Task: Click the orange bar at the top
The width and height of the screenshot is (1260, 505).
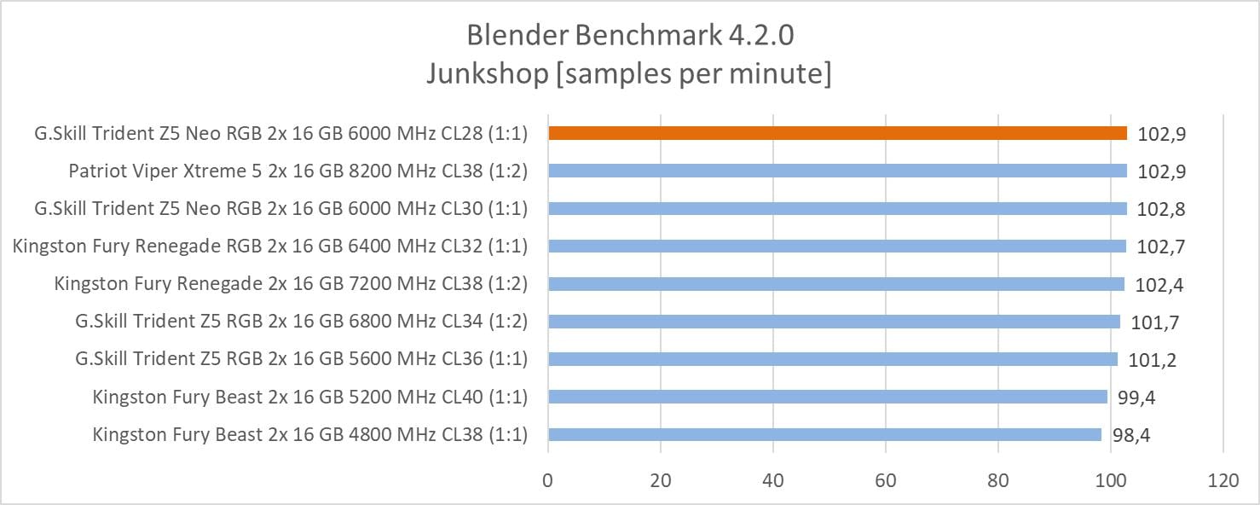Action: [x=837, y=133]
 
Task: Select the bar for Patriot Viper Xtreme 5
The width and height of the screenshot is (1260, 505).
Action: [x=837, y=171]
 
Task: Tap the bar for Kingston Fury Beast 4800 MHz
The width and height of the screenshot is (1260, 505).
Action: [x=824, y=434]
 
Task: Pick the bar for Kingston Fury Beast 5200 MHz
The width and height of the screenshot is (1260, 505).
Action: [x=827, y=397]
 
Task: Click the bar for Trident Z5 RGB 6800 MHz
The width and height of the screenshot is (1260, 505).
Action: [x=834, y=322]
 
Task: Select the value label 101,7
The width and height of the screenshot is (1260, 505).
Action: [x=1153, y=322]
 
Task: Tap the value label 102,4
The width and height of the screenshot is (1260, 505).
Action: [x=1159, y=285]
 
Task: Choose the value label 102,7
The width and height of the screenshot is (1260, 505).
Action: [x=1161, y=247]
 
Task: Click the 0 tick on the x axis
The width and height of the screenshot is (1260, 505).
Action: [x=548, y=480]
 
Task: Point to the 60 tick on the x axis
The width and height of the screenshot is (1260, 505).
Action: [x=886, y=480]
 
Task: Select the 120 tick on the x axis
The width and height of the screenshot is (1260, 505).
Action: [x=1222, y=480]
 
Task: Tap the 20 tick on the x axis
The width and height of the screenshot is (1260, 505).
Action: [x=661, y=480]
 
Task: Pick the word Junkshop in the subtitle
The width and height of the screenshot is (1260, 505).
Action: [x=487, y=74]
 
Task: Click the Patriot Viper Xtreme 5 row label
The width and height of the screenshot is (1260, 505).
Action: [x=298, y=171]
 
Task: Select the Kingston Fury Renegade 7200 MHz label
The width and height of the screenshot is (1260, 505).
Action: [x=291, y=284]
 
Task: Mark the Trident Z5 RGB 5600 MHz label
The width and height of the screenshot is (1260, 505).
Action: [x=301, y=359]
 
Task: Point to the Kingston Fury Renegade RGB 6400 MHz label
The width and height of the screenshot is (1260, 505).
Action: [x=270, y=247]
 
